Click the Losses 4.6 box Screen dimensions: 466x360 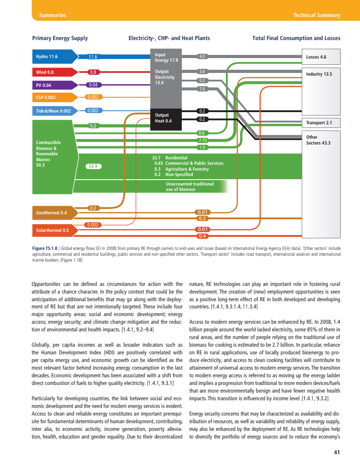[x=321, y=57]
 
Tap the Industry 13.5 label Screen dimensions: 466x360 [x=319, y=74]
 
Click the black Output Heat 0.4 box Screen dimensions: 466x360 [x=166, y=118]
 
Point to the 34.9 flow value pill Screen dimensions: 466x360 [x=94, y=166]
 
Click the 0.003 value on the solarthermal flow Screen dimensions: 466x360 [x=94, y=225]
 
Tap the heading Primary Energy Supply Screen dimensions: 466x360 [x=60, y=38]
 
